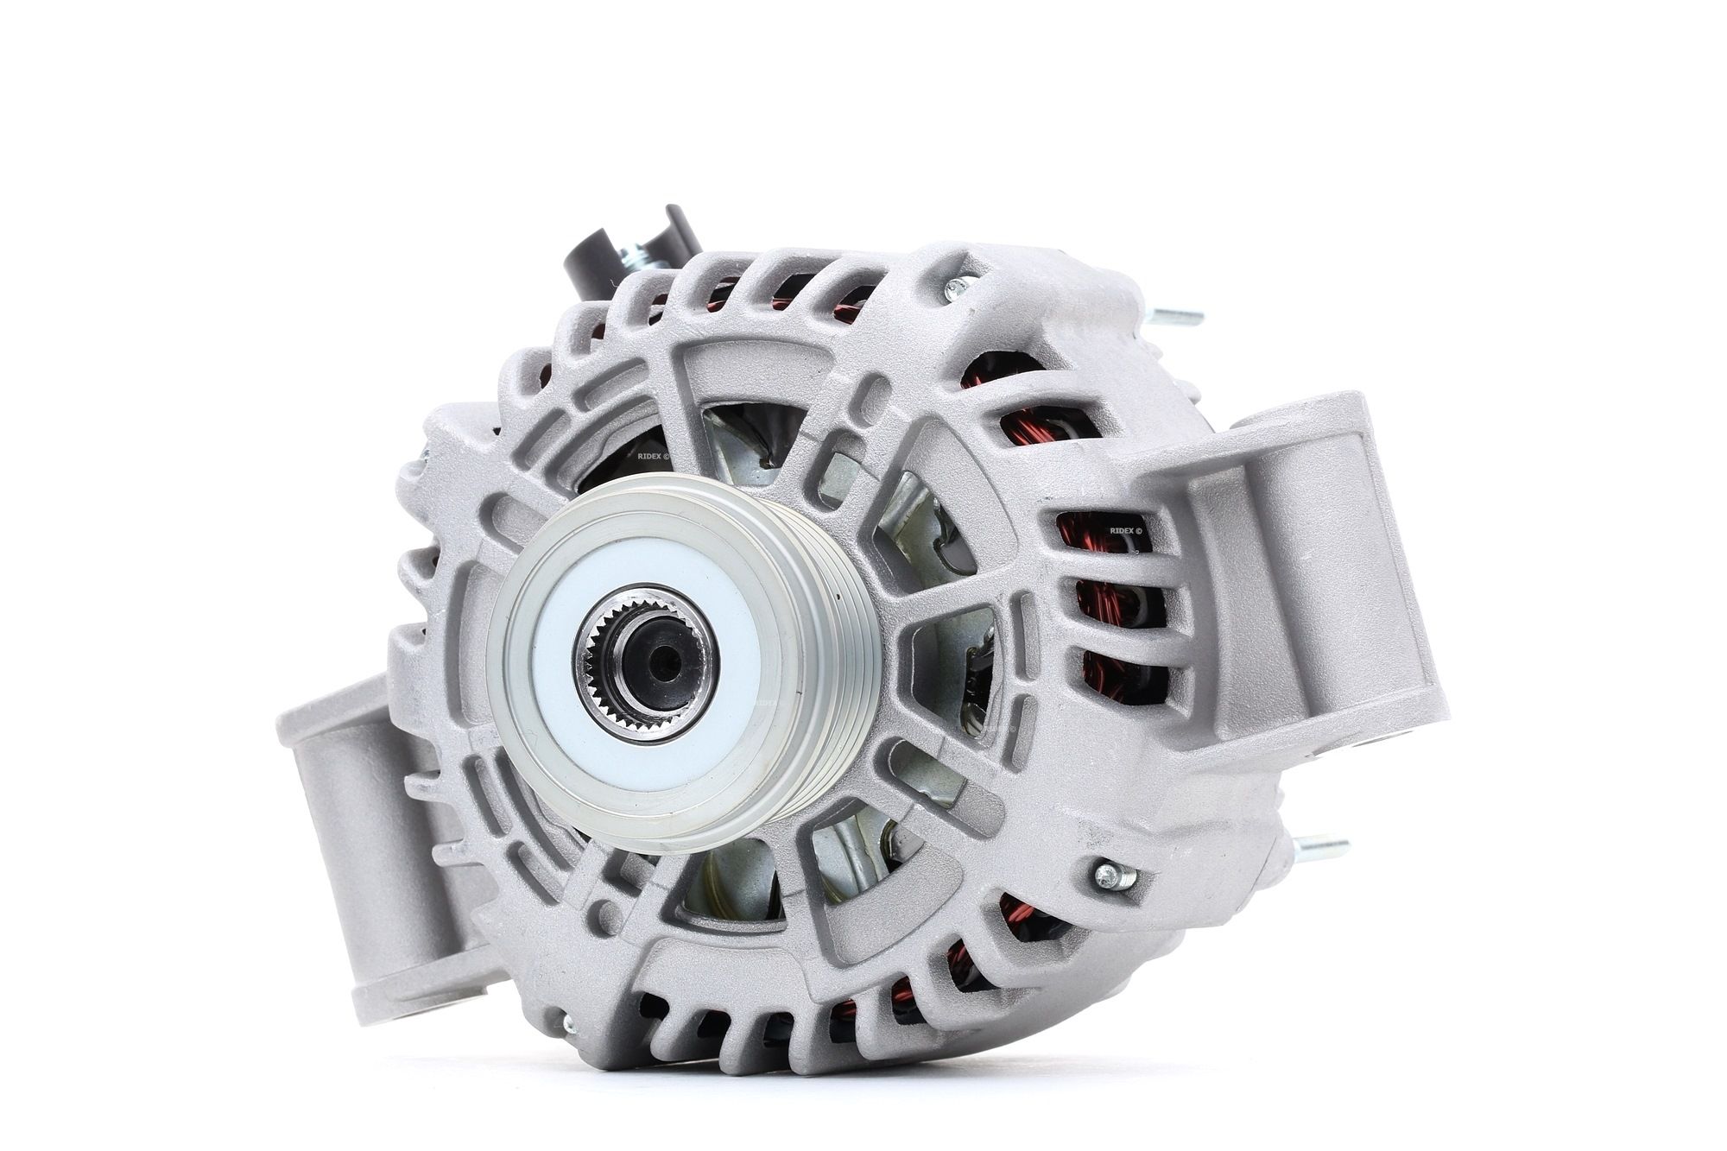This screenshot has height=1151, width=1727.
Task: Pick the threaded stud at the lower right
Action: point(1321,844)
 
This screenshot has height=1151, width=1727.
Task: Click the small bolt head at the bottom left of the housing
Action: point(567,1025)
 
